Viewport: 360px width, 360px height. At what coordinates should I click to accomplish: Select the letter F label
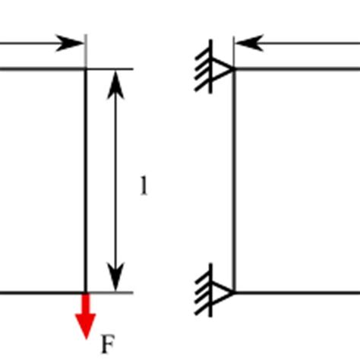pos(108,346)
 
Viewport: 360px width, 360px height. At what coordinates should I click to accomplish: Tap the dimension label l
pos(144,186)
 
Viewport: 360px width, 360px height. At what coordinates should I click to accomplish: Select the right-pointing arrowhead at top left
pos(73,43)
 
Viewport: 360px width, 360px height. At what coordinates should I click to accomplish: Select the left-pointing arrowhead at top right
pos(248,43)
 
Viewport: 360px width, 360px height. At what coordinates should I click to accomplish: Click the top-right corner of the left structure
pos(86,70)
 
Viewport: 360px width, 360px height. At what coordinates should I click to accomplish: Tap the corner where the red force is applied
pos(86,292)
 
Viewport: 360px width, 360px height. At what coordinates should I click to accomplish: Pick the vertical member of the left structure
pos(86,182)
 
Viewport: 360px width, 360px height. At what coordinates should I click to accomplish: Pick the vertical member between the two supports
pos(234,182)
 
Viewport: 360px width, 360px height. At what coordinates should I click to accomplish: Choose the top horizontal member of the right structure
pos(296,70)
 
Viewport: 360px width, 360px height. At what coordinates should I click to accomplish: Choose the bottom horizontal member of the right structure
pos(296,292)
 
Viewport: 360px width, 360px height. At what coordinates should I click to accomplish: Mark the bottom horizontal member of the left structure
pos(38,292)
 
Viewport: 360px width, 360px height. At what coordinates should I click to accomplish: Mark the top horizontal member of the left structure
pos(38,70)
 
